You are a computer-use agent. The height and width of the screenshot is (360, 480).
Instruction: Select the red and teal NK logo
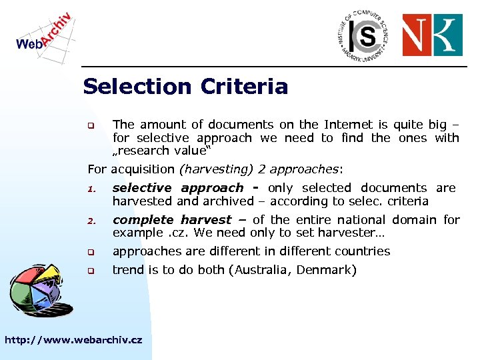click(432, 35)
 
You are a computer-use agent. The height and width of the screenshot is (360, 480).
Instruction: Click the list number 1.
click(92, 189)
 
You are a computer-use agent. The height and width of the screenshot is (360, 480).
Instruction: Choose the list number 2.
click(92, 221)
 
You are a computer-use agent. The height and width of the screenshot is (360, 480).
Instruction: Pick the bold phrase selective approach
click(178, 188)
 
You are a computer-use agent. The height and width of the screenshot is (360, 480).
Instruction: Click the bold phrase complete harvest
click(172, 219)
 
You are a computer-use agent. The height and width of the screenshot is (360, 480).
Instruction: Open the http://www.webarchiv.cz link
click(73, 340)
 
